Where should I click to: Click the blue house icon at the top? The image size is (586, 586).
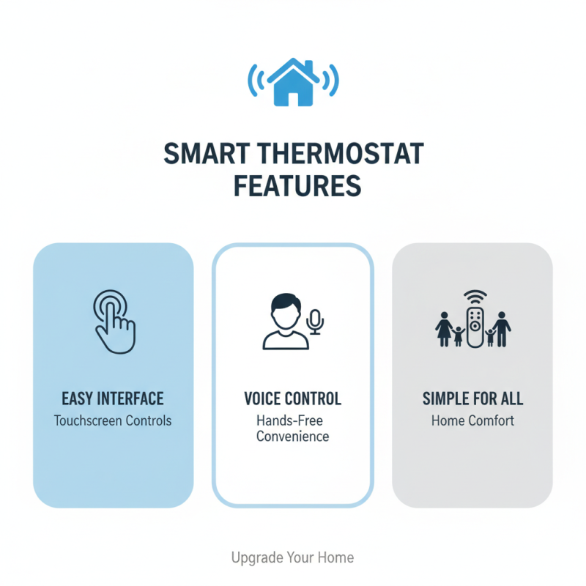[293, 81]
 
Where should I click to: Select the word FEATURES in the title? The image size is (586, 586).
[297, 186]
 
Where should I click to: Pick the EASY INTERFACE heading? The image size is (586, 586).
[113, 399]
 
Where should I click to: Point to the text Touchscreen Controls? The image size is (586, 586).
[113, 421]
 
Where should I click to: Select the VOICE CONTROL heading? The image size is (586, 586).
[292, 399]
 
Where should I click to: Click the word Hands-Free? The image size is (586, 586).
[289, 421]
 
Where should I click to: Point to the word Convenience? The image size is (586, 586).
[292, 437]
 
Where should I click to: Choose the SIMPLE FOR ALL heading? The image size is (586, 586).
[472, 399]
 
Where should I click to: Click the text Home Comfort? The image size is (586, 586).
[472, 421]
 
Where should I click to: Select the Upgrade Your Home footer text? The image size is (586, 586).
[292, 557]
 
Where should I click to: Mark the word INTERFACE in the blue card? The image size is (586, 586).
[133, 399]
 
